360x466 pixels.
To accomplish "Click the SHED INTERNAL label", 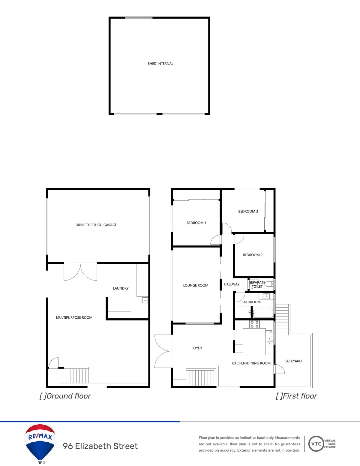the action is pyautogui.click(x=160, y=64).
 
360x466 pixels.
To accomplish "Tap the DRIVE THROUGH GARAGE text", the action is pyautogui.click(x=96, y=225).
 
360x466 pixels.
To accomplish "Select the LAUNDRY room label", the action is pyautogui.click(x=121, y=288).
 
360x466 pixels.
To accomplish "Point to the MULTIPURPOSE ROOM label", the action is pyautogui.click(x=74, y=317).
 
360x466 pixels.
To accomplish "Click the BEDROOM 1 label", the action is pyautogui.click(x=196, y=223).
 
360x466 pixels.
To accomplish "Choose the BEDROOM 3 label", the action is pyautogui.click(x=248, y=211).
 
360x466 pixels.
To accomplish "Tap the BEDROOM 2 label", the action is pyautogui.click(x=253, y=255).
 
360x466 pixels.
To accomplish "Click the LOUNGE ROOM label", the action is pyautogui.click(x=196, y=285).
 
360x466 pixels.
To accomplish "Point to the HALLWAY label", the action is pyautogui.click(x=232, y=284).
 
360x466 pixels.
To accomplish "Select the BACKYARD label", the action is pyautogui.click(x=293, y=361).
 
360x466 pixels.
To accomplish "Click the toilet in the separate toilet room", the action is pyautogui.click(x=269, y=284).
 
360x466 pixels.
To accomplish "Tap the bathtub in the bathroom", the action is pyautogui.click(x=263, y=313).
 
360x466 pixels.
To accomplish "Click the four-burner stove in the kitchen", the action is pyautogui.click(x=254, y=324).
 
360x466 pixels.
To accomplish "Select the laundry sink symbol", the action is pyautogui.click(x=145, y=300).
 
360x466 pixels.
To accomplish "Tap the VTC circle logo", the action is pyautogui.click(x=316, y=444).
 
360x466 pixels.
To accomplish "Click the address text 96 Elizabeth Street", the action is pyautogui.click(x=100, y=446).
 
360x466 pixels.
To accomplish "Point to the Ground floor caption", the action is pyautogui.click(x=65, y=396).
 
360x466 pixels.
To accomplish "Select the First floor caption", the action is pyautogui.click(x=296, y=396).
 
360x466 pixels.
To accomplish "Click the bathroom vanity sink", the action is pyautogui.click(x=266, y=296).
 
